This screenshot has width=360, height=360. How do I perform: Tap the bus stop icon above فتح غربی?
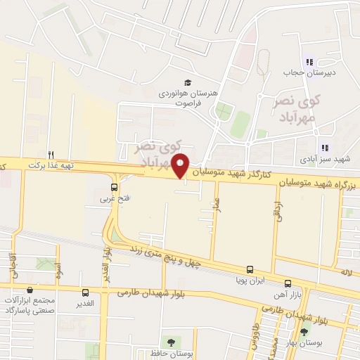click(115, 187)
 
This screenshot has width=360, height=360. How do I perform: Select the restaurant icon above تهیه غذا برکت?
click(51, 154)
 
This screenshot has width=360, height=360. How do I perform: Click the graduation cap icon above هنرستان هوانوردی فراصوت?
click(187, 82)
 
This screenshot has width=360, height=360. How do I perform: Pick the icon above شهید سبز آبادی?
click(324, 148)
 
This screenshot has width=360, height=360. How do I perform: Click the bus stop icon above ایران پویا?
click(250, 269)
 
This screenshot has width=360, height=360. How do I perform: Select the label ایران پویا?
click(250, 281)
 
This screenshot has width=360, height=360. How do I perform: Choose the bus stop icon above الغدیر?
click(86, 293)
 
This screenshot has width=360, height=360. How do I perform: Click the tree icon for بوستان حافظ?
click(168, 342)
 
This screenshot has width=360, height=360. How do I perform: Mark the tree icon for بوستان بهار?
click(304, 332)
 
